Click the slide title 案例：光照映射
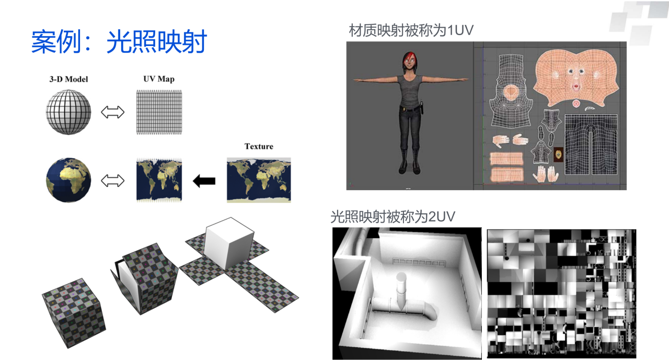pos(119,42)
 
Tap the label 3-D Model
pos(68,79)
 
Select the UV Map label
pos(159,79)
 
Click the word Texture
pos(259,146)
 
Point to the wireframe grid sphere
pos(68,112)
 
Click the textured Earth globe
pos(68,180)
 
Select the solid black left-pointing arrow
pos(204,181)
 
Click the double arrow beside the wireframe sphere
pos(112,112)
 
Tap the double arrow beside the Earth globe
pos(112,181)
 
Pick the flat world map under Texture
pos(259,180)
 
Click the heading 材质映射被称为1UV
pos(411,30)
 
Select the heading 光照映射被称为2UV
pos(393,216)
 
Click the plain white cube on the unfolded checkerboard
pos(229,243)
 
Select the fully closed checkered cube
pos(74,313)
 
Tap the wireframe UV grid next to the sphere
pos(159,112)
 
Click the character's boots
pos(409,161)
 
